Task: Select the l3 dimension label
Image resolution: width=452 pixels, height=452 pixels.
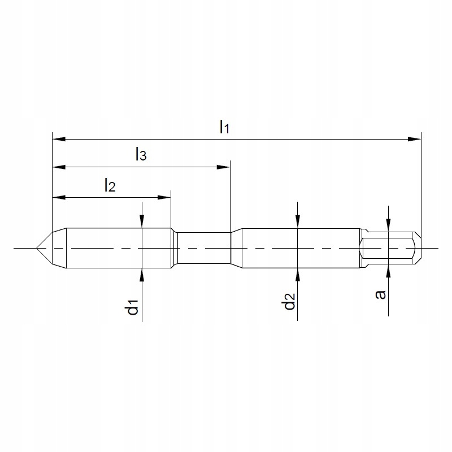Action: (141, 155)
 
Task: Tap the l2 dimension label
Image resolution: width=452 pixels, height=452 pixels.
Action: (110, 185)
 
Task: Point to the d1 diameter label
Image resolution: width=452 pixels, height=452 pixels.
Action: (133, 308)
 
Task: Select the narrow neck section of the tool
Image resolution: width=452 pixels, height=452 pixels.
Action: (202, 248)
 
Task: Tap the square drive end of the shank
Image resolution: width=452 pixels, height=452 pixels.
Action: (390, 248)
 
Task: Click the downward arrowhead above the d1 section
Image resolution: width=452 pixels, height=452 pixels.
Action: (142, 222)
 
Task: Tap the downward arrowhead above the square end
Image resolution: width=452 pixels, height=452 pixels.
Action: (388, 225)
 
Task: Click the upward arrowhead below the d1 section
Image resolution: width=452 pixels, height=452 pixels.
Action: (142, 274)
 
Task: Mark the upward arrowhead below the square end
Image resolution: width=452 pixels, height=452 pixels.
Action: (388, 272)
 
